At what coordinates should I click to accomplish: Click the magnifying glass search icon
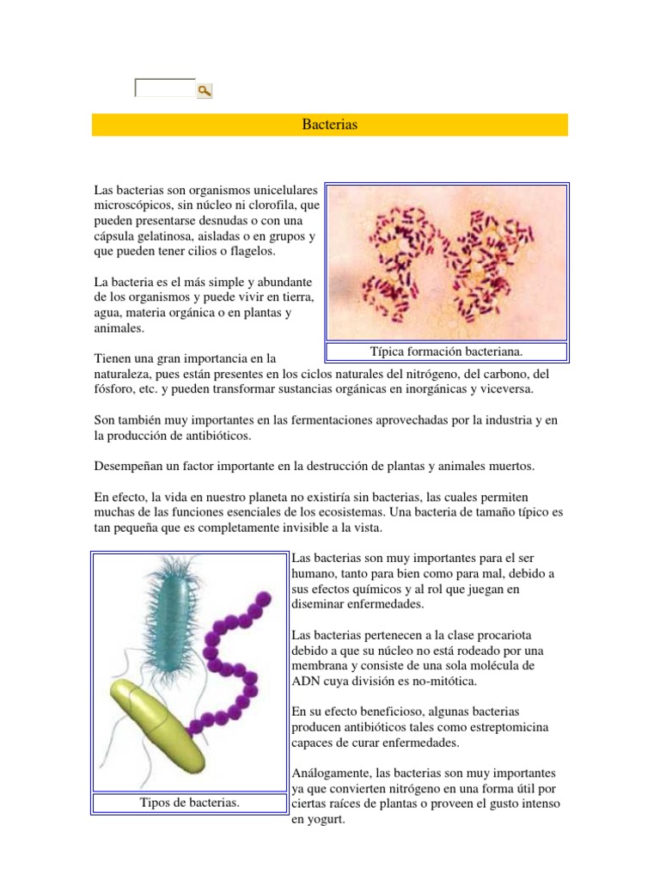[x=205, y=90]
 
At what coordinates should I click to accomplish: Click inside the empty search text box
[x=165, y=88]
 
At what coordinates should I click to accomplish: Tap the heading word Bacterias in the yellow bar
[x=330, y=125]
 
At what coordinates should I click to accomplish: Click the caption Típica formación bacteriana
[x=447, y=351]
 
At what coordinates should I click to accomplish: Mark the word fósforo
[x=112, y=388]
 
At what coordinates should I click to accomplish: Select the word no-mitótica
[x=438, y=681]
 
